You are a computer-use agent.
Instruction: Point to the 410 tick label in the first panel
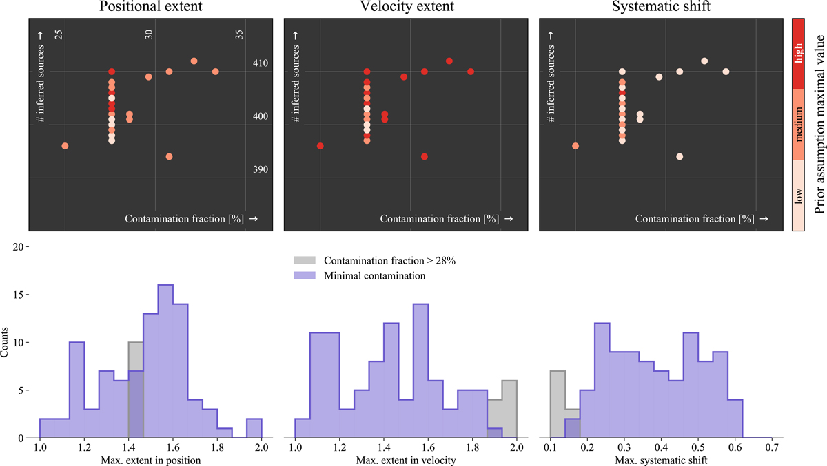pos(260,63)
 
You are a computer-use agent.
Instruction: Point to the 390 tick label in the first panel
pos(260,169)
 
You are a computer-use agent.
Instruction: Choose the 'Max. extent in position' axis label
pos(151,459)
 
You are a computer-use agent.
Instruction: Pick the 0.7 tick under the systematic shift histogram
pos(772,447)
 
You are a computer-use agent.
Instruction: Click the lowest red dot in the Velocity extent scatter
pos(425,157)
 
